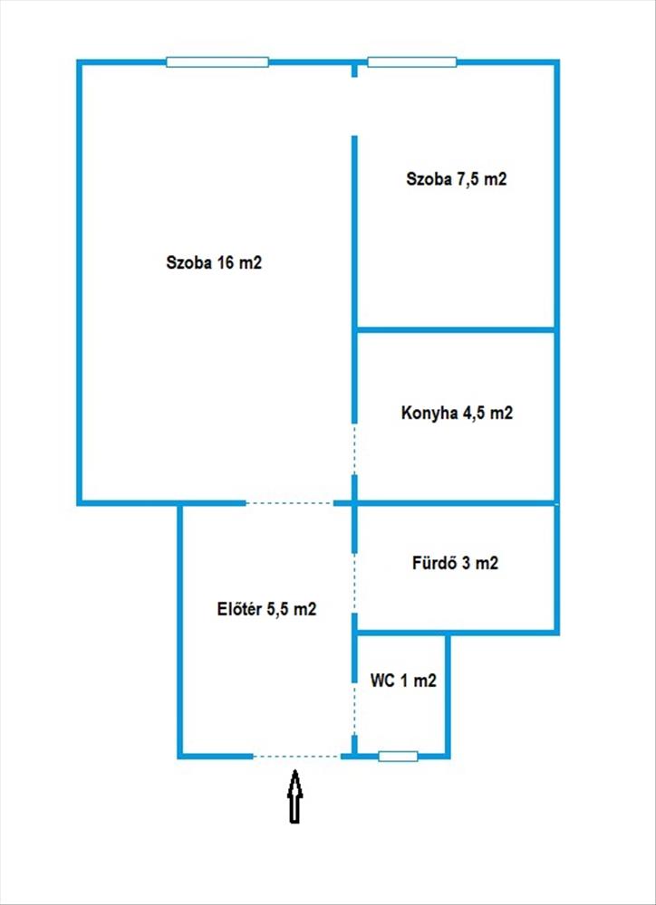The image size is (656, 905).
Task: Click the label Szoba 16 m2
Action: click(x=214, y=263)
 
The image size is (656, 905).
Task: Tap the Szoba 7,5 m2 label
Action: click(x=455, y=179)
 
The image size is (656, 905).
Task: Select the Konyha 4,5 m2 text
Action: click(x=457, y=414)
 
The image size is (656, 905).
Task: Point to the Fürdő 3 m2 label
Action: click(x=454, y=563)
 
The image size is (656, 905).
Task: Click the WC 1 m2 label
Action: click(x=403, y=681)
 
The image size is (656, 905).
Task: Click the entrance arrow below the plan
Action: click(x=295, y=796)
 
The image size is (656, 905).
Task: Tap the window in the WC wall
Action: click(x=398, y=756)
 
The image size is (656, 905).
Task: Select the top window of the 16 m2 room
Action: click(x=217, y=62)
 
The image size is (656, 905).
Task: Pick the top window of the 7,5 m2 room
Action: click(x=411, y=62)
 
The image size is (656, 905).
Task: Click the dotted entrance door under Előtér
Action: click(x=296, y=756)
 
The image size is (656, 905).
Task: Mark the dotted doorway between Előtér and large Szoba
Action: click(x=289, y=503)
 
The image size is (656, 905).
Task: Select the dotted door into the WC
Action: click(x=354, y=697)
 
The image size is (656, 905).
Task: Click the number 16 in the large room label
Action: click(x=225, y=263)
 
